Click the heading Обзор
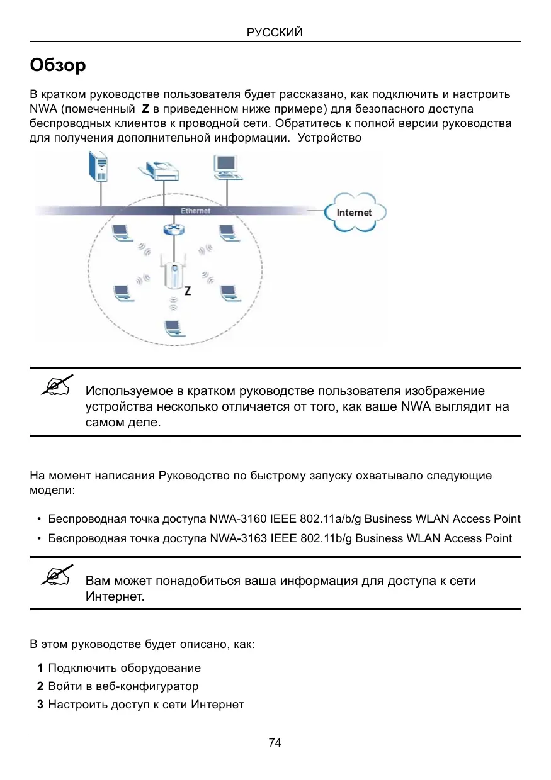click(x=58, y=65)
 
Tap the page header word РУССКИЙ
click(x=275, y=33)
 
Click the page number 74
click(x=275, y=743)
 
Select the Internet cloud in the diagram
click(x=354, y=213)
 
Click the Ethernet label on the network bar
click(x=195, y=211)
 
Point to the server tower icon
click(x=100, y=167)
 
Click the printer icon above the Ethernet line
click(x=162, y=169)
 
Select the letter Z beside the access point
click(x=188, y=292)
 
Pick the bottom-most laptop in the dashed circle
click(x=172, y=328)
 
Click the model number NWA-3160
click(x=238, y=520)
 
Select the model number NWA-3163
click(x=238, y=538)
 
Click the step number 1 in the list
click(x=40, y=668)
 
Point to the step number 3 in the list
click(x=40, y=705)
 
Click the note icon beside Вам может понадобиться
click(x=56, y=576)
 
